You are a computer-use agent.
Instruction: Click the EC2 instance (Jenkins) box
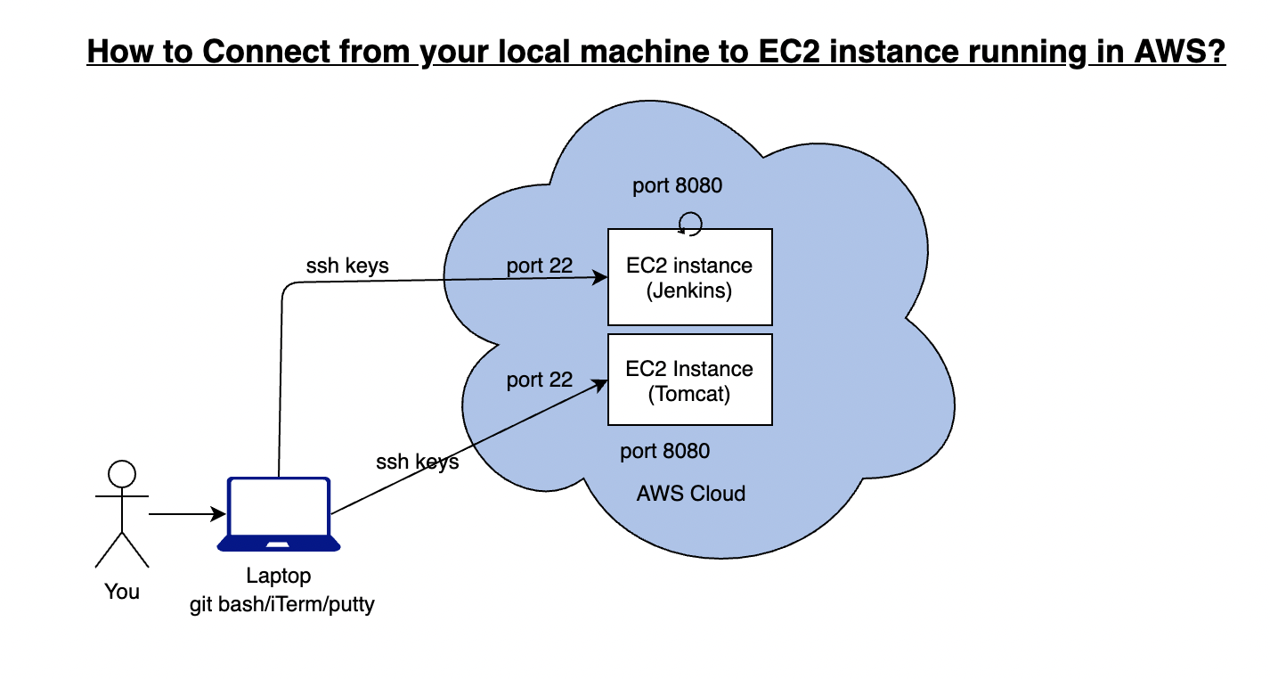click(x=689, y=277)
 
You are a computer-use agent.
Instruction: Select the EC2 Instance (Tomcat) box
click(x=689, y=380)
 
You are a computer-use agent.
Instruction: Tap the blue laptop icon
click(x=279, y=514)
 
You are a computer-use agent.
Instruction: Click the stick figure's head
click(x=121, y=473)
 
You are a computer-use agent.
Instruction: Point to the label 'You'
click(x=122, y=592)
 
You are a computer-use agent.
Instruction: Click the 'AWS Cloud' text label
click(x=691, y=494)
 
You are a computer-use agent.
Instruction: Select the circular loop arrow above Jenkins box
click(x=691, y=223)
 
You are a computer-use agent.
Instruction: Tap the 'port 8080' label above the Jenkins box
click(x=677, y=186)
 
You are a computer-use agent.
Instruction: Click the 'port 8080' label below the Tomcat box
click(x=665, y=452)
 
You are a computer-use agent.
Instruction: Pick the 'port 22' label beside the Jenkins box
click(x=539, y=266)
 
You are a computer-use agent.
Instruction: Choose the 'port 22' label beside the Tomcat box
click(x=539, y=380)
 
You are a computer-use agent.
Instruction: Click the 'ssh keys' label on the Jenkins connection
click(x=347, y=266)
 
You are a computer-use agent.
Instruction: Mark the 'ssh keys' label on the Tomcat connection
click(x=417, y=462)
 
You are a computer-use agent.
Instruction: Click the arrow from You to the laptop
click(x=186, y=514)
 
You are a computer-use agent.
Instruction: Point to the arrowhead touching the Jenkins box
click(x=600, y=278)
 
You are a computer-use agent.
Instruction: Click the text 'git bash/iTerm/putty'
click(x=282, y=605)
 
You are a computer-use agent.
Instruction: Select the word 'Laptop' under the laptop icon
click(x=279, y=577)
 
